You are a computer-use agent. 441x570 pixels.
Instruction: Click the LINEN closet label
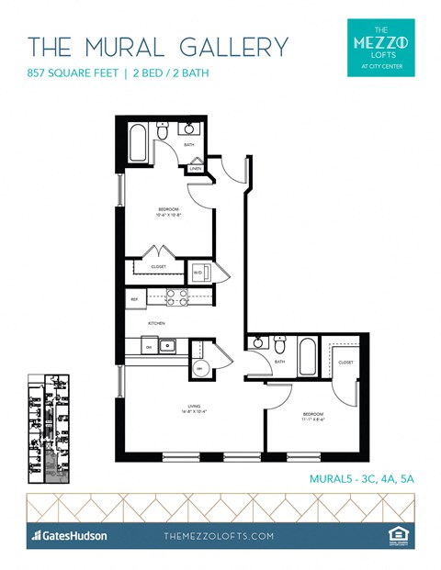[196, 169]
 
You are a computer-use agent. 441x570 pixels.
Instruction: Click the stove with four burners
[177, 297]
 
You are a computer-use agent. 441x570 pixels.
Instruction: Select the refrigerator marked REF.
[134, 298]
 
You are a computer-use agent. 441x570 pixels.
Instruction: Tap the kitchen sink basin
[168, 347]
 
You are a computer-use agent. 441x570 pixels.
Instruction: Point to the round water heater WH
[200, 368]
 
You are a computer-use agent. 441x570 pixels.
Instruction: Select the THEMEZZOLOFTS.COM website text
[220, 535]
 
